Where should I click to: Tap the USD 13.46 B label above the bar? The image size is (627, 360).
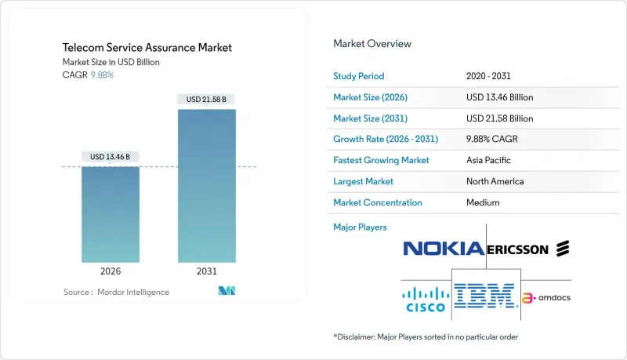(x=111, y=157)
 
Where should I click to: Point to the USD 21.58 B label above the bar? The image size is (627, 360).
(x=207, y=100)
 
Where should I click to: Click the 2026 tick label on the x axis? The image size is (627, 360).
(x=111, y=271)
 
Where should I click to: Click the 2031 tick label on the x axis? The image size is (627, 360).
(x=207, y=271)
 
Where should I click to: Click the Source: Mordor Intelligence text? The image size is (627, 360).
(x=116, y=292)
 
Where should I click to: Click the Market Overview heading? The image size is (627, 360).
(x=372, y=43)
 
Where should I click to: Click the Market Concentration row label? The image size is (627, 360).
(x=378, y=202)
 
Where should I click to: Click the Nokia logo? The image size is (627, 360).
(x=443, y=249)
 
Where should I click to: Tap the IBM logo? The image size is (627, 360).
(x=484, y=296)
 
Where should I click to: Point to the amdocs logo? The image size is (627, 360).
(x=546, y=298)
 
